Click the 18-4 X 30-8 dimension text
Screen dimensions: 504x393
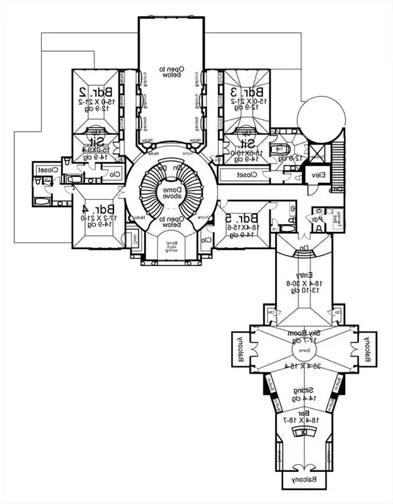303,282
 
